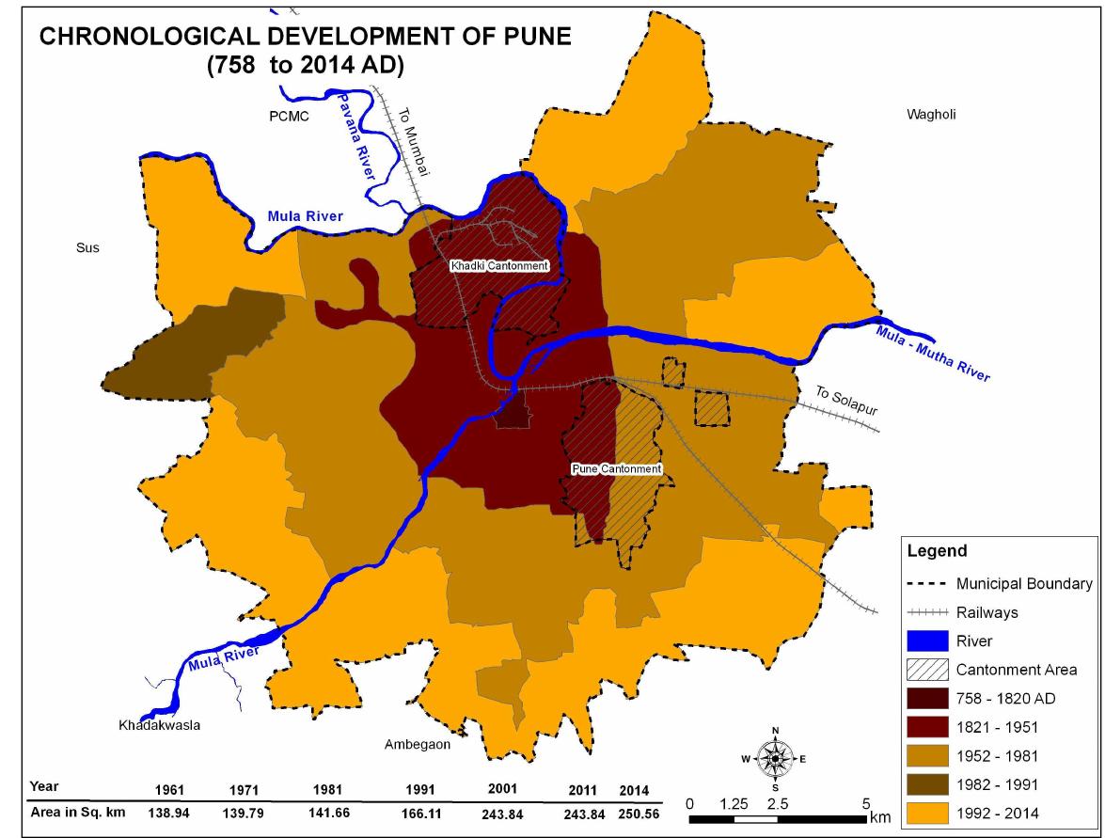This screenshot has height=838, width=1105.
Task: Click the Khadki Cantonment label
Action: click(x=498, y=266)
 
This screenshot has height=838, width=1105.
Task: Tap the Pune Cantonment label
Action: click(x=617, y=468)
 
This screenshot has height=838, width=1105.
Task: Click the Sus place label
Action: click(x=87, y=248)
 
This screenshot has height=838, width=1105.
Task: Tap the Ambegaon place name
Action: click(x=418, y=744)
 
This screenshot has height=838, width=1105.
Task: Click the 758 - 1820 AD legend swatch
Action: click(x=929, y=700)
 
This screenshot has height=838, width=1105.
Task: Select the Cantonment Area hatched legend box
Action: click(x=929, y=671)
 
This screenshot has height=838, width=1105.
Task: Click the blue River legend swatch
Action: click(x=929, y=641)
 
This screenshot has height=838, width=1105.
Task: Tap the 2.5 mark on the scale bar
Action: click(x=777, y=805)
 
